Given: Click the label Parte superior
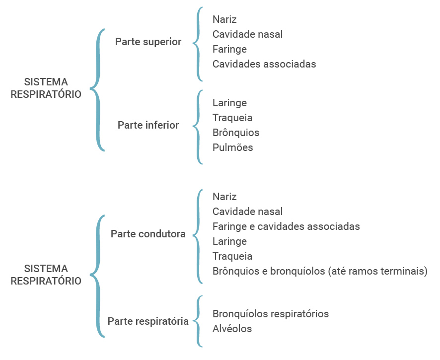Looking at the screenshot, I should coord(148,42).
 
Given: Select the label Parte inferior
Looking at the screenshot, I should coord(148,125).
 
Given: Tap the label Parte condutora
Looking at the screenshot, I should coord(148,234).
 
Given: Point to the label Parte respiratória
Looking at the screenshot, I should coord(148,321).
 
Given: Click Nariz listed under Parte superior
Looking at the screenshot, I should coord(224,20).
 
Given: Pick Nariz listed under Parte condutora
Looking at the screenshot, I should coord(224,197).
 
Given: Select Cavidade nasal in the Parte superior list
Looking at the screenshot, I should coord(247,34).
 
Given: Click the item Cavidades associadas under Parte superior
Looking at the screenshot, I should coord(264,64).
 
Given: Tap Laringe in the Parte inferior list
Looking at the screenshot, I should coord(229,103).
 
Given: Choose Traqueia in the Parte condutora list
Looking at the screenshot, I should coord(232,256).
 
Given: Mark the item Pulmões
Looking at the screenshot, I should coord(232,147).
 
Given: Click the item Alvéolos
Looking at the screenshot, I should coord(232,329).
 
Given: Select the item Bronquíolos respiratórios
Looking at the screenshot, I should coord(270,314).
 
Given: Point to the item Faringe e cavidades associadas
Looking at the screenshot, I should coord(286,226).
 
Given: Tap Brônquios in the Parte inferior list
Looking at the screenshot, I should coord(235,133).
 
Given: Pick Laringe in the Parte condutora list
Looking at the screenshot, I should coord(229,241).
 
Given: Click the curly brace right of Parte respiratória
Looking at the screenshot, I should coord(199,321).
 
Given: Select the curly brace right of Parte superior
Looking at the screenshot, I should coord(199,44).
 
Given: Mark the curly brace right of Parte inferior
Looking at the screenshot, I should coord(199,126).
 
